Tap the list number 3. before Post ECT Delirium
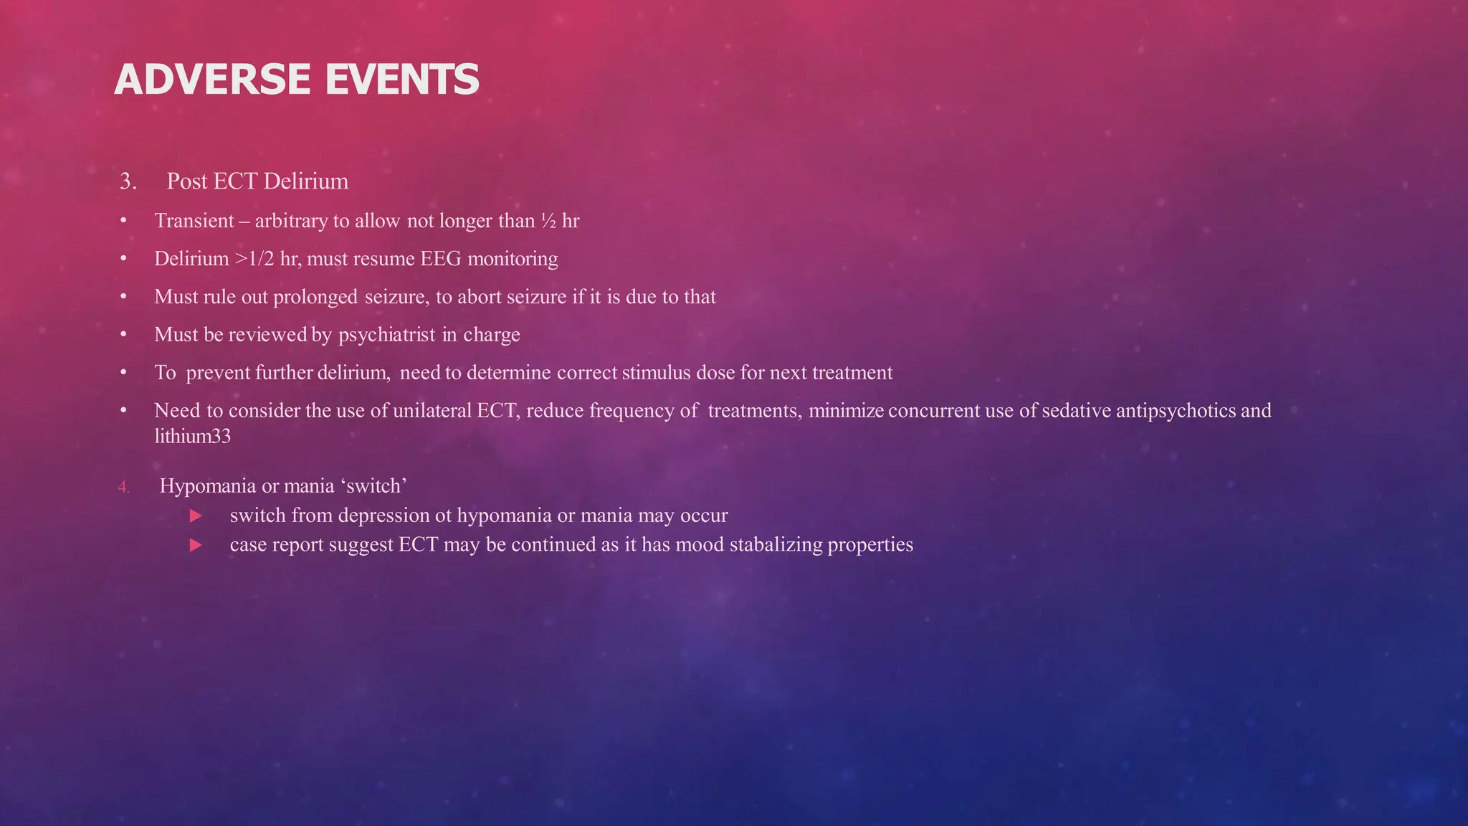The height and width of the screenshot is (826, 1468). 128,181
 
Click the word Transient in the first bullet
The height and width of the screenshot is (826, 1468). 194,221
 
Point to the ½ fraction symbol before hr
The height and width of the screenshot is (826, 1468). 548,221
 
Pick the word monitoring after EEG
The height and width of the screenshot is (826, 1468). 513,259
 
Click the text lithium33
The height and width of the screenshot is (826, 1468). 192,436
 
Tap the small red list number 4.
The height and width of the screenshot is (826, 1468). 124,488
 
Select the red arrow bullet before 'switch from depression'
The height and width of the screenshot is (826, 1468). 196,516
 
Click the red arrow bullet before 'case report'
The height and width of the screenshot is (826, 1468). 196,545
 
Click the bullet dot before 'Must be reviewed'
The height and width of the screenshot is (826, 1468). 123,335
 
